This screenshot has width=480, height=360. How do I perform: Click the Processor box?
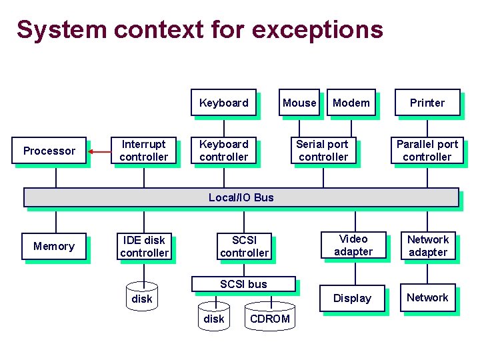tap(49, 151)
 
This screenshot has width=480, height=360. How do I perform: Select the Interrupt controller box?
tap(144, 151)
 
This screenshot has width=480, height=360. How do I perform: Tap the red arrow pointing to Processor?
tap(99, 151)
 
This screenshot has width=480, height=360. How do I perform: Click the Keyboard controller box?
tap(223, 151)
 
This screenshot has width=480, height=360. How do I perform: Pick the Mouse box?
tap(299, 103)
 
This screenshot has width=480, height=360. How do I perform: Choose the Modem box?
tap(351, 103)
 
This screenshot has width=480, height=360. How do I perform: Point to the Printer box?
tap(427, 103)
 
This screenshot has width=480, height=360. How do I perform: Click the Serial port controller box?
tap(323, 151)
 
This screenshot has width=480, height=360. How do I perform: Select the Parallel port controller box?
tap(427, 151)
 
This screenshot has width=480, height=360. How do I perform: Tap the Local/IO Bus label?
tap(241, 197)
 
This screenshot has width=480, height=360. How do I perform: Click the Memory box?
tap(54, 247)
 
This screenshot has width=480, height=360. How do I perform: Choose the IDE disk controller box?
tap(144, 247)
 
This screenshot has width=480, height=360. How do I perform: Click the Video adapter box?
tap(353, 245)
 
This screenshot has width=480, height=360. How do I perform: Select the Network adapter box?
tap(427, 245)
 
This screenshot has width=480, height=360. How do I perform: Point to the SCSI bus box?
tap(243, 284)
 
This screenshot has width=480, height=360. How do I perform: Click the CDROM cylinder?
tap(269, 317)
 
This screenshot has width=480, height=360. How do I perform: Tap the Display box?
tap(352, 299)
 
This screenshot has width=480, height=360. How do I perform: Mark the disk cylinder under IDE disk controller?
tap(141, 298)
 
